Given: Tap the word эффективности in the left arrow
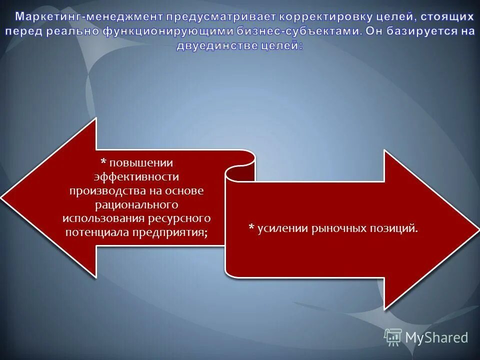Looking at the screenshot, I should point(136,177).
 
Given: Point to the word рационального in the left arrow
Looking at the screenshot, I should point(136,205).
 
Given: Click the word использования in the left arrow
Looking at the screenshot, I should point(104,219).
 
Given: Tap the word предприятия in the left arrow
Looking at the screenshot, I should point(170,232).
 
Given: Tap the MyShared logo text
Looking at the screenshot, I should point(436,337).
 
